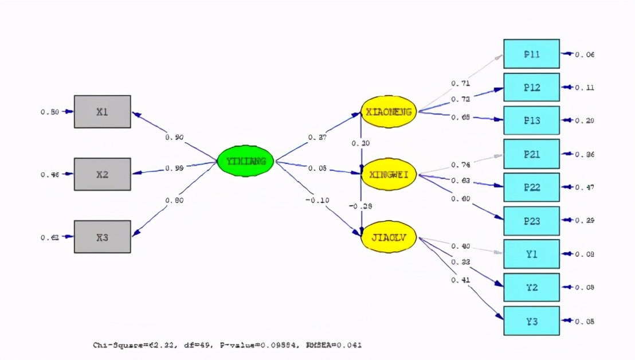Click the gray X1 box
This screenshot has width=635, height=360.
(x=102, y=111)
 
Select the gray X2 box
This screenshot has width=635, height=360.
(x=102, y=174)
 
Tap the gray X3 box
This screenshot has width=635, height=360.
(x=102, y=236)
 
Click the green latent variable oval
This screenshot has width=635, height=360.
(x=246, y=161)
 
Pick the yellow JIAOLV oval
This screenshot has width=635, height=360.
(x=389, y=236)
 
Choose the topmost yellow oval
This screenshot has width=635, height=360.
(x=389, y=112)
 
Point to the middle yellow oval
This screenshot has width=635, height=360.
(x=389, y=174)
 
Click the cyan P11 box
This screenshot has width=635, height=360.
(x=531, y=54)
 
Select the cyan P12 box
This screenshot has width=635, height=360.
(x=531, y=87)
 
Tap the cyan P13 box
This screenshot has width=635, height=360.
(x=531, y=120)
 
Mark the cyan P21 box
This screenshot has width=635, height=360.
(x=531, y=154)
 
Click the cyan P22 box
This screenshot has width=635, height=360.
(x=531, y=187)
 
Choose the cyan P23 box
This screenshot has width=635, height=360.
(x=531, y=220)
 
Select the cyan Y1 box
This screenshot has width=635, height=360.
(x=531, y=253)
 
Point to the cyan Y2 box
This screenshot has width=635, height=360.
(x=531, y=287)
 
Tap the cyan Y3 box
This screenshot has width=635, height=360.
(x=531, y=320)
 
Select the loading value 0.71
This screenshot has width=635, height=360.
(x=460, y=84)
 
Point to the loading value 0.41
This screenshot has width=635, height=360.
(x=460, y=280)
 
